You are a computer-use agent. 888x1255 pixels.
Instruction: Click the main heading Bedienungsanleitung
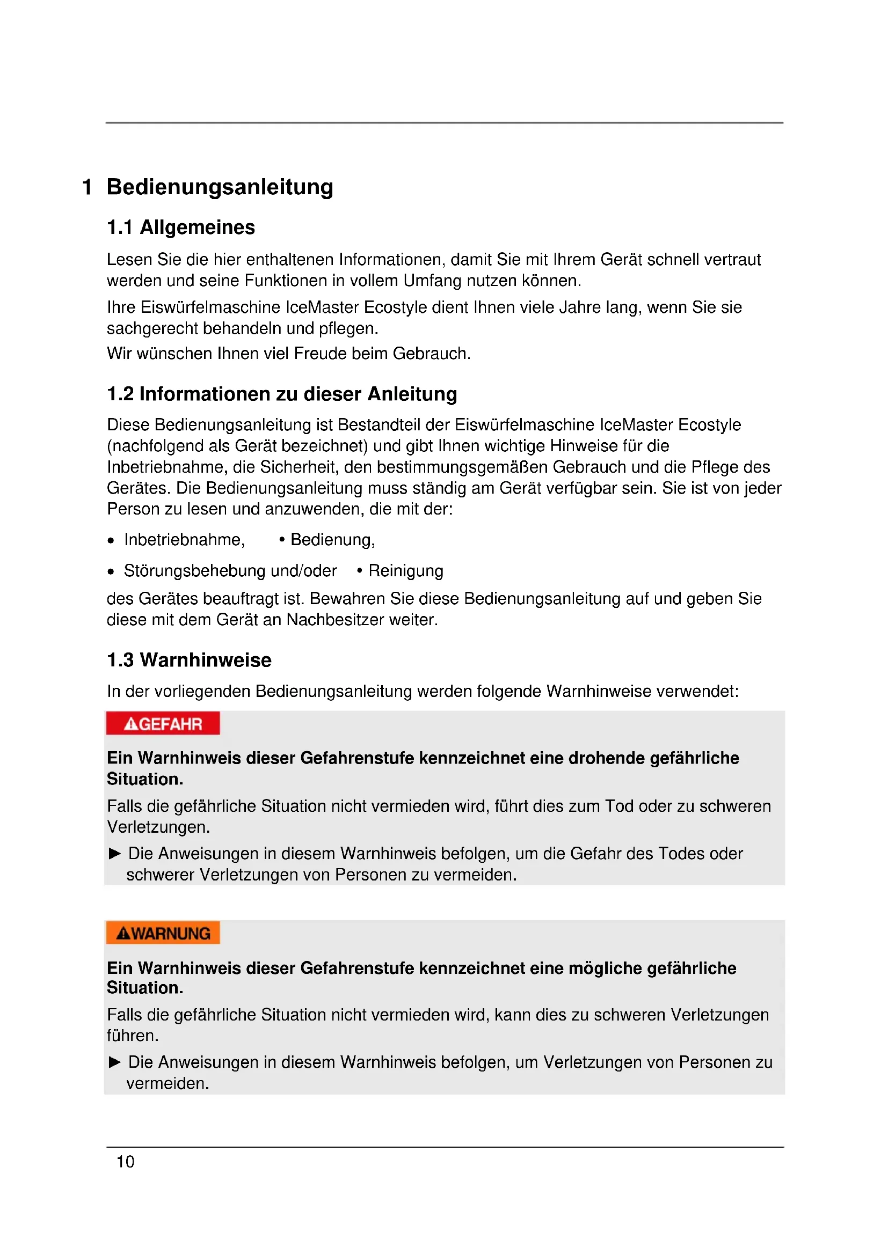220,187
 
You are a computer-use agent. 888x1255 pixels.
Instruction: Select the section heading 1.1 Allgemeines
180,227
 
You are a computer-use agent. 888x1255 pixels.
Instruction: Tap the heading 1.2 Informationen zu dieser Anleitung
282,394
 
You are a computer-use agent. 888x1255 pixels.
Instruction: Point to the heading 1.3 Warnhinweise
188,660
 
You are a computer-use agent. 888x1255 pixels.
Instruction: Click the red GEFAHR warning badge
163,724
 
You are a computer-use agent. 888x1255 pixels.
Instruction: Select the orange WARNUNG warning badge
163,933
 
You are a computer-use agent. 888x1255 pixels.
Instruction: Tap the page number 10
125,1162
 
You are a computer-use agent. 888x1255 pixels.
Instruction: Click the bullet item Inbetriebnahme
184,540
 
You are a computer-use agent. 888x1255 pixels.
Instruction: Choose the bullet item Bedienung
332,540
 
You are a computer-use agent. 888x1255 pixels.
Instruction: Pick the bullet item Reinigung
406,571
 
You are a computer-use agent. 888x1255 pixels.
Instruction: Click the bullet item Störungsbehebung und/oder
230,571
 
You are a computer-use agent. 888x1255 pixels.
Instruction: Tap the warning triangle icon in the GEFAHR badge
130,724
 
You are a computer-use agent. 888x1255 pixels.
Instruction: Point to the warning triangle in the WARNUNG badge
123,934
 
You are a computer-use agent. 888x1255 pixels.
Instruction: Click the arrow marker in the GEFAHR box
115,854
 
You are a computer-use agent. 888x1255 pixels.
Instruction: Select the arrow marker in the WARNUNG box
115,1062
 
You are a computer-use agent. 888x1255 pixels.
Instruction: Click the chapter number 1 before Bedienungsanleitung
87,187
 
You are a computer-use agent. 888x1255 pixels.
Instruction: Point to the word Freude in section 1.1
320,354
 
